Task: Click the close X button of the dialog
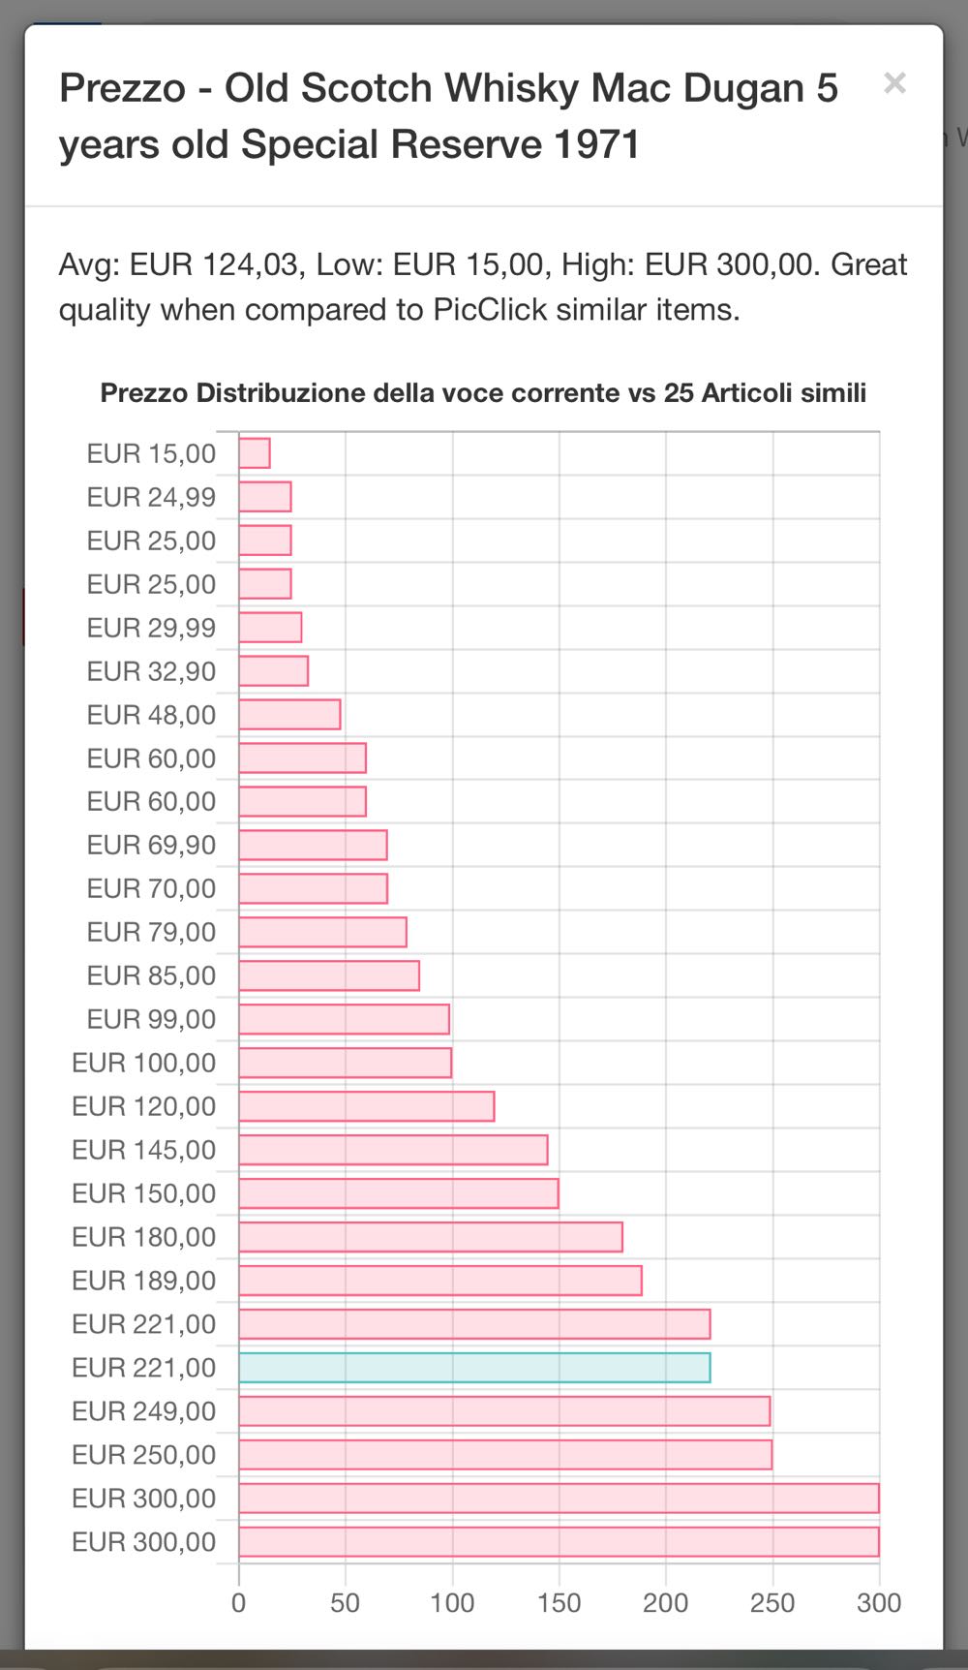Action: (894, 83)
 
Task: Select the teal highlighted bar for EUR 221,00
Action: (474, 1367)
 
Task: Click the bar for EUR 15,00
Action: (255, 453)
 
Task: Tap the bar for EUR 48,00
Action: (289, 715)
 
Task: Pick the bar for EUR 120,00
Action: (367, 1106)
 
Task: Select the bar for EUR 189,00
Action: (440, 1281)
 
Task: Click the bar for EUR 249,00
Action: (504, 1410)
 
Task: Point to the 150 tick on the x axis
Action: (559, 1602)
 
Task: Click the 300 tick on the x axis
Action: (878, 1602)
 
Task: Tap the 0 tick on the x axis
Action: (239, 1602)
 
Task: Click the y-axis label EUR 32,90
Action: (151, 671)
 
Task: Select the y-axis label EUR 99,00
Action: (151, 1019)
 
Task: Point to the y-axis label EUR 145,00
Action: (144, 1150)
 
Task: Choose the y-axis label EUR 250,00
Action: (144, 1454)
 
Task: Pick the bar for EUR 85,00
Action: (329, 975)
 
